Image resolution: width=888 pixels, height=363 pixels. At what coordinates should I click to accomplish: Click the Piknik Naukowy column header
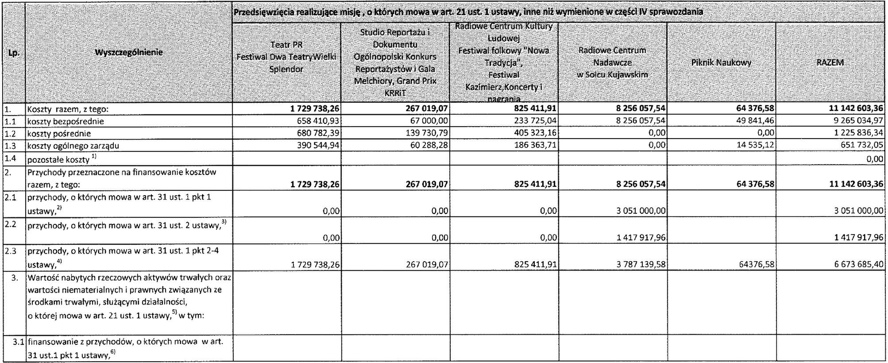pyautogui.click(x=721, y=62)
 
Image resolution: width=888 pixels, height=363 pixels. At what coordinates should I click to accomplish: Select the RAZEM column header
pyautogui.click(x=830, y=62)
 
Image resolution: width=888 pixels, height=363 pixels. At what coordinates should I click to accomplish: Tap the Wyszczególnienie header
pyautogui.click(x=129, y=52)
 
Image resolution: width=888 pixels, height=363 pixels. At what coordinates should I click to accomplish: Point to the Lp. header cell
pyautogui.click(x=13, y=52)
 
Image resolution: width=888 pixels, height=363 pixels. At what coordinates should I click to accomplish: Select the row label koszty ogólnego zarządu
pyautogui.click(x=73, y=146)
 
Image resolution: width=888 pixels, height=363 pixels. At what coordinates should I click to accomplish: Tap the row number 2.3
pyautogui.click(x=11, y=251)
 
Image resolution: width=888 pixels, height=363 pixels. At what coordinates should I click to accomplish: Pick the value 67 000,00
pyautogui.click(x=429, y=121)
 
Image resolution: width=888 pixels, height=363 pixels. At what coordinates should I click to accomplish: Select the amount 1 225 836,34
pyautogui.click(x=857, y=133)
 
